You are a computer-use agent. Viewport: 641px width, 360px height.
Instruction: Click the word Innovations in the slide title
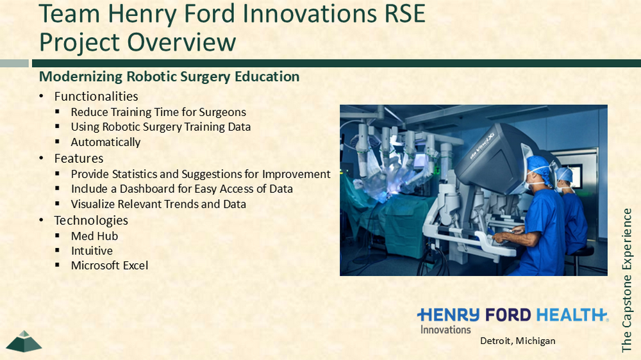(x=310, y=14)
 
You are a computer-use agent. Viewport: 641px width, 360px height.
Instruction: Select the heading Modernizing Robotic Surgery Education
(x=169, y=77)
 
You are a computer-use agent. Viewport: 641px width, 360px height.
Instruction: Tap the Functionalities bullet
(x=96, y=97)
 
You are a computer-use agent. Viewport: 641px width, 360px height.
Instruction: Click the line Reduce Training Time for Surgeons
(x=158, y=112)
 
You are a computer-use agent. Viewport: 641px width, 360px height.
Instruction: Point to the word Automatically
(x=106, y=142)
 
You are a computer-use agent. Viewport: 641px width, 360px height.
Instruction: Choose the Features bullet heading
(x=79, y=159)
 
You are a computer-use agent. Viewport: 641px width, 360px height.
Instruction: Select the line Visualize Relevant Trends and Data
(x=158, y=204)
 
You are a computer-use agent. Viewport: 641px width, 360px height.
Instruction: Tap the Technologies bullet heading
(x=91, y=220)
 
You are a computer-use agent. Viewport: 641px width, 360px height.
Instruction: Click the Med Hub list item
(x=94, y=236)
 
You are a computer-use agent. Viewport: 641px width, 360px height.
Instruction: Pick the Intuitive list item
(x=92, y=251)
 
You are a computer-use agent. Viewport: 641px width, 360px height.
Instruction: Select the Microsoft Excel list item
(x=110, y=266)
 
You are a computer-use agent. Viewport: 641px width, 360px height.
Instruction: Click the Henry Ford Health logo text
(x=513, y=315)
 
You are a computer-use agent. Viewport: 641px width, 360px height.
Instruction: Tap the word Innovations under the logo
(x=445, y=330)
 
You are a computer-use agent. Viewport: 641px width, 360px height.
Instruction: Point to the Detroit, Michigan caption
(x=517, y=341)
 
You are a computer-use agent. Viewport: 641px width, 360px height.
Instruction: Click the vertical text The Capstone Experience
(x=627, y=281)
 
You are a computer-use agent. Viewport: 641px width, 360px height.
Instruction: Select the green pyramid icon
(x=24, y=341)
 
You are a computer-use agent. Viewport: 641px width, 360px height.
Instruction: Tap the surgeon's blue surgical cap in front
(x=540, y=168)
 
